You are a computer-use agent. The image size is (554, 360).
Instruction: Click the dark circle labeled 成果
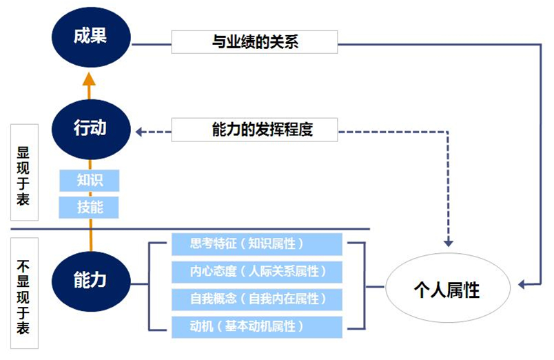point(90,37)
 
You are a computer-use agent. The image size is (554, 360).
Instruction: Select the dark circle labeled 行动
point(90,128)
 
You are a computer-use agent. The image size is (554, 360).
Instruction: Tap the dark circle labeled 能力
point(90,280)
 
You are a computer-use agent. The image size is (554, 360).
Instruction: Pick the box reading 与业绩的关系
point(254,43)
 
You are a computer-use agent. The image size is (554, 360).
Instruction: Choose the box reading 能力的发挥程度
point(254,129)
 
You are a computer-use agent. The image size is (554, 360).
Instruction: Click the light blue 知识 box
point(90,181)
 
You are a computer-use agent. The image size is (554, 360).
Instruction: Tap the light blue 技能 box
point(90,207)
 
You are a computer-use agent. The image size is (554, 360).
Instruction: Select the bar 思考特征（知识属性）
point(256,244)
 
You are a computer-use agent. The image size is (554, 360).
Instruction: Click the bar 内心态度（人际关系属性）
point(256,272)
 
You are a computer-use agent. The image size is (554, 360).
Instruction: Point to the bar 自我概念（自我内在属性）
point(256,299)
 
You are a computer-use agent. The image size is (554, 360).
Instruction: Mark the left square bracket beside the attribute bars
point(153,285)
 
